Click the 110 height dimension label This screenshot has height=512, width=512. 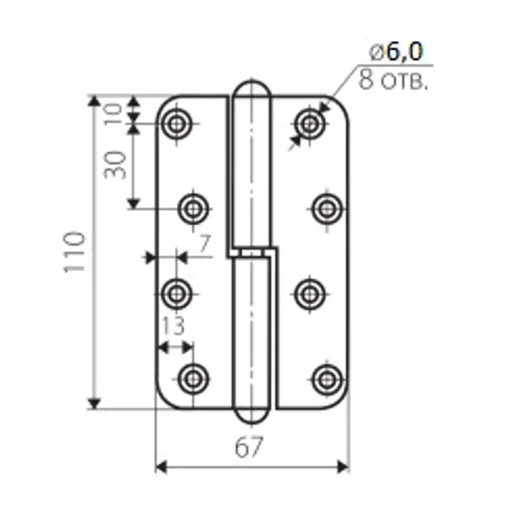point(74,252)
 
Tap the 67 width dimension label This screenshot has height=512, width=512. point(249,447)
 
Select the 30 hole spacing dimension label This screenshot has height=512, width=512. point(115,165)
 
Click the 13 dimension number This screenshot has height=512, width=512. point(173,326)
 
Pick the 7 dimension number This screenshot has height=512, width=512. point(205,243)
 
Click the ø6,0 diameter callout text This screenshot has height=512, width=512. point(396,51)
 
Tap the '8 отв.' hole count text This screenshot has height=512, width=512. point(393,79)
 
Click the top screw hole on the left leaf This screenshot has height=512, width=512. point(177,124)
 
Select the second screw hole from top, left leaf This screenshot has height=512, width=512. point(194,209)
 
